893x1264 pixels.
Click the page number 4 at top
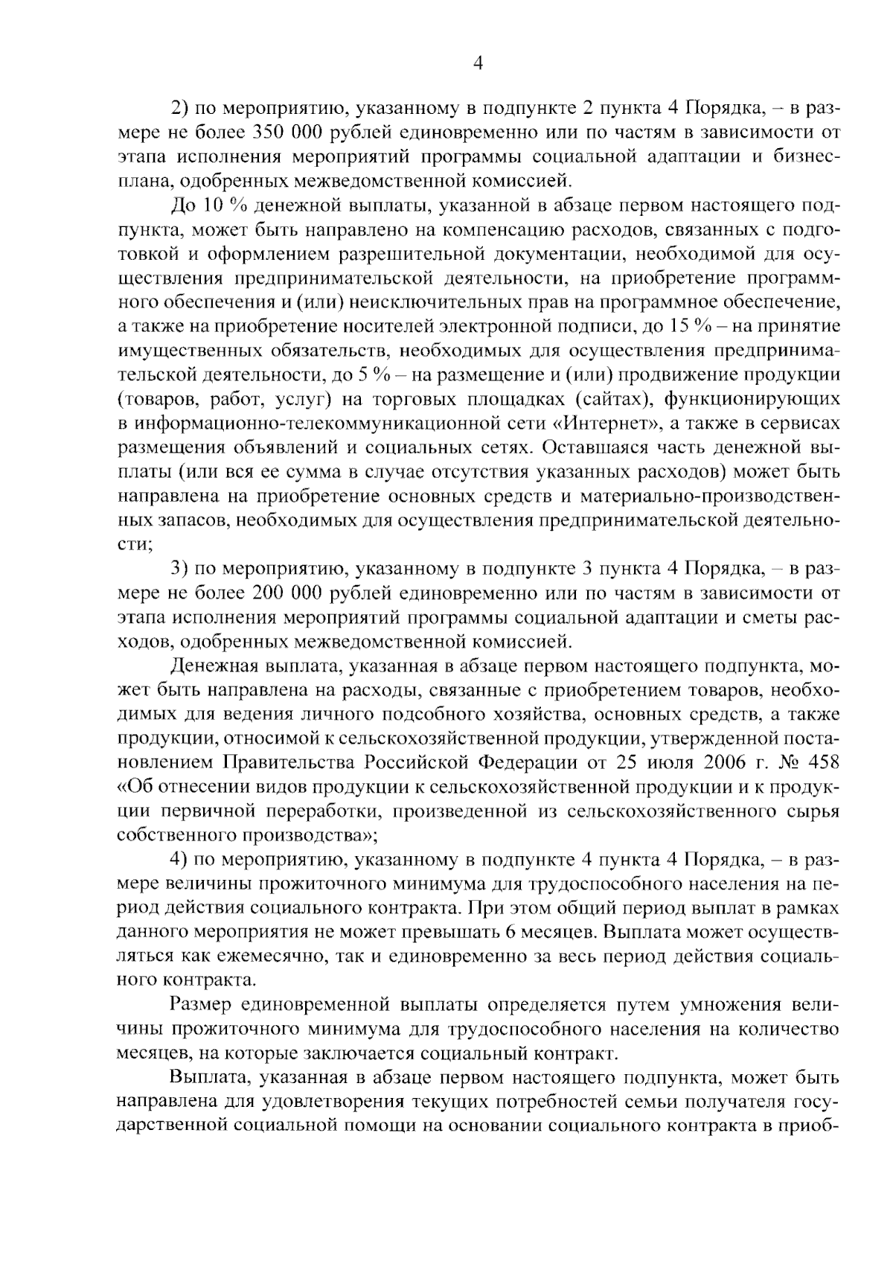[478, 65]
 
